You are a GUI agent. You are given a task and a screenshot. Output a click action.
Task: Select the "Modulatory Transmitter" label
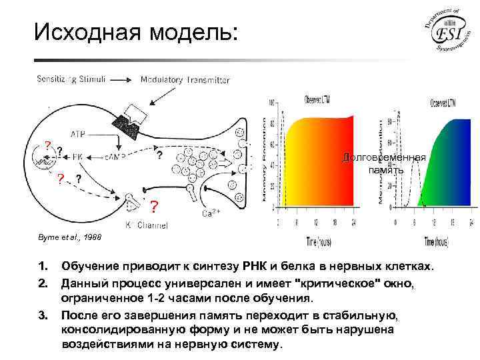pos(185,80)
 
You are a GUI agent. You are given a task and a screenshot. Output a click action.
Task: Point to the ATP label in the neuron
pos(77,133)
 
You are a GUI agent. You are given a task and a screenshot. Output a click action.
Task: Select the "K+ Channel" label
pos(147,225)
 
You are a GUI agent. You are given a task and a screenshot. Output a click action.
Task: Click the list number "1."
pos(43,267)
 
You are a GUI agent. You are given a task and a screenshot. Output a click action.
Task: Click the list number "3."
pos(43,315)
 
